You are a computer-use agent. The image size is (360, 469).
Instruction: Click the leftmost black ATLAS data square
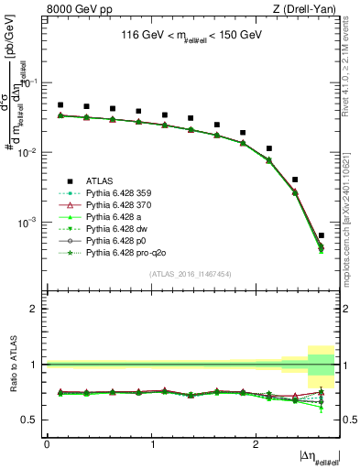click(60, 105)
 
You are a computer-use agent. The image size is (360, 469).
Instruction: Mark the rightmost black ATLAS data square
click(321, 235)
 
